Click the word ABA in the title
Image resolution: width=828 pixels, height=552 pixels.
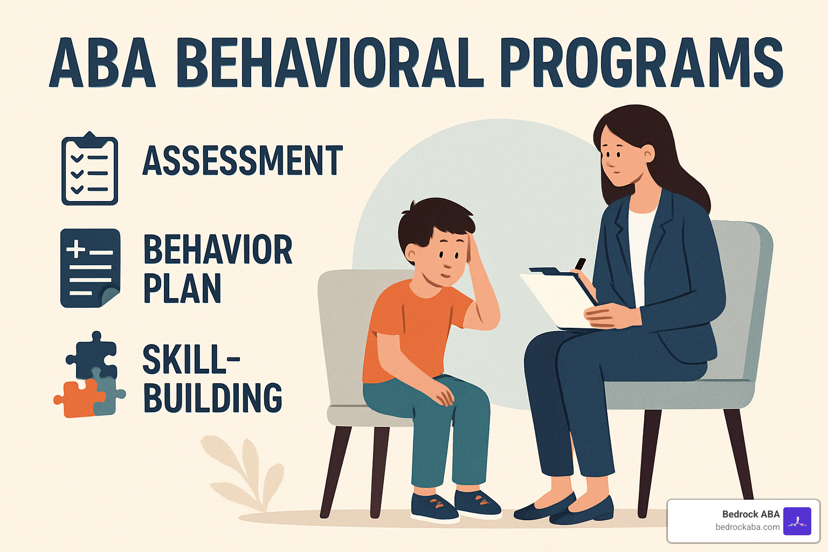coord(102,63)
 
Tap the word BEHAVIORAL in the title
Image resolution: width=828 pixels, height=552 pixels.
coord(330,63)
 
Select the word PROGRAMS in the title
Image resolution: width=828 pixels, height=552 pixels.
coord(641,63)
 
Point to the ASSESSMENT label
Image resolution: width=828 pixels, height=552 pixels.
coord(243,161)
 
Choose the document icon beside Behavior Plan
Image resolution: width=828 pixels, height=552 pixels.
coord(89,268)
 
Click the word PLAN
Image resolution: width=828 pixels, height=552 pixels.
coord(182,289)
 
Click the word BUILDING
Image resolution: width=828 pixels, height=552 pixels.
coord(212,398)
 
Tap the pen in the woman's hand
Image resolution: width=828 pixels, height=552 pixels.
coord(580,264)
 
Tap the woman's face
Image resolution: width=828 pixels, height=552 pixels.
coord(620,156)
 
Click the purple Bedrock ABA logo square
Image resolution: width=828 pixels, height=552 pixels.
coord(797,521)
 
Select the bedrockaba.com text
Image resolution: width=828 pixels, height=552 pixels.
coord(747,527)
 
